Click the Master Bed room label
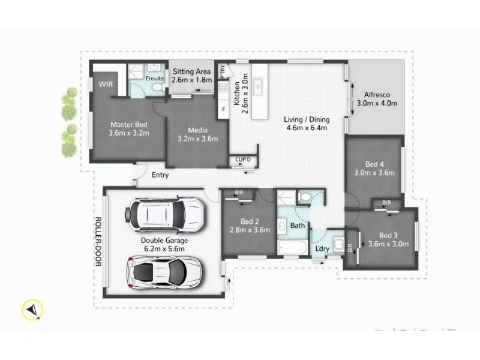click(129, 125)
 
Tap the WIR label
click(106, 84)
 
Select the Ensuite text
click(155, 79)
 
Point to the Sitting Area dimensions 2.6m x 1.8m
click(191, 80)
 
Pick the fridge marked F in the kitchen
click(224, 109)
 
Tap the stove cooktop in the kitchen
click(223, 88)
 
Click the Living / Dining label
click(307, 119)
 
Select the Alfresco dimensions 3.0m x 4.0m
click(377, 103)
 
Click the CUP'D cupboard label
click(243, 160)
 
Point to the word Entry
click(160, 175)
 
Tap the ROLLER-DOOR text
click(98, 242)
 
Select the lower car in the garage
click(164, 272)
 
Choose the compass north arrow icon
click(32, 310)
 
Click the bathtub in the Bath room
click(293, 247)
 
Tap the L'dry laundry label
click(322, 248)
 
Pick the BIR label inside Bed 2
click(239, 193)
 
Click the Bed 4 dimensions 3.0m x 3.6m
click(374, 173)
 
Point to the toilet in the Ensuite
click(157, 86)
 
